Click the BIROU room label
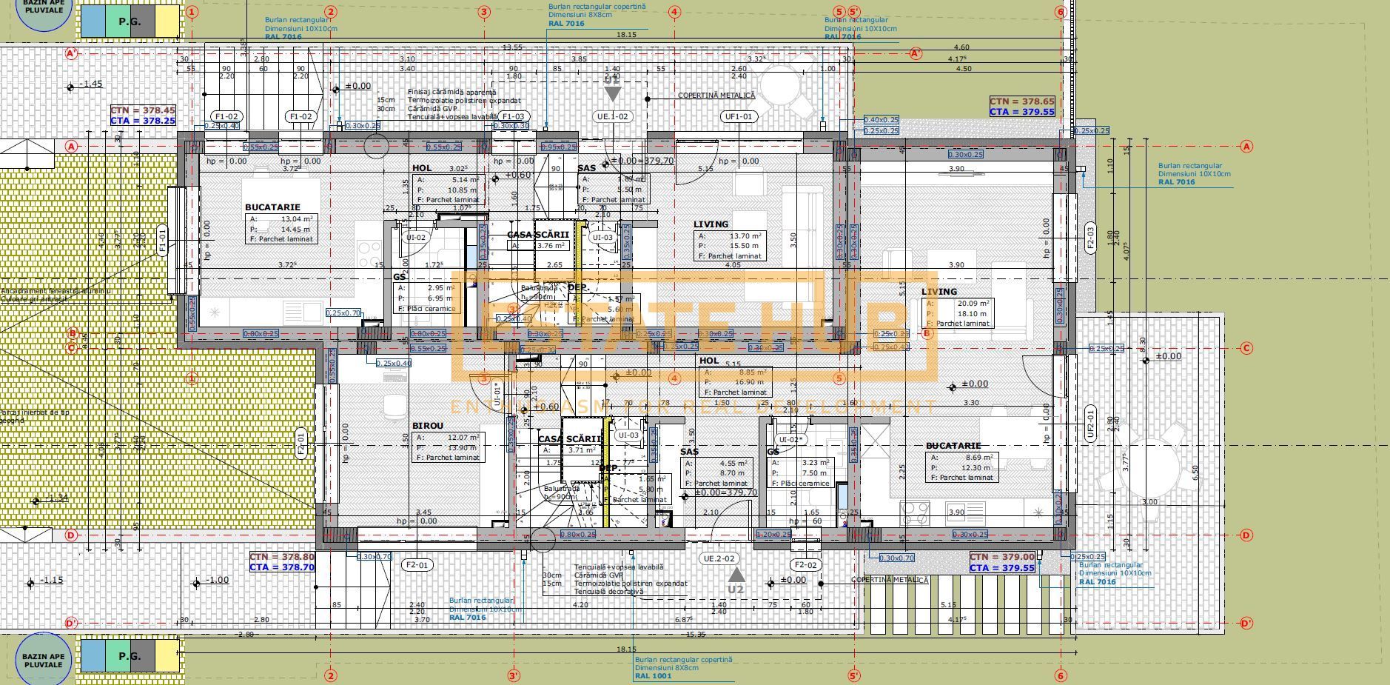click(x=427, y=426)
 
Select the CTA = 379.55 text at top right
click(x=1022, y=112)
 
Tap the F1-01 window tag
click(x=162, y=241)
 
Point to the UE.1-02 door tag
click(x=612, y=116)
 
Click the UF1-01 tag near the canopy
click(x=739, y=116)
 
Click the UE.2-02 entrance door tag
click(x=719, y=558)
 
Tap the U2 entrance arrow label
click(x=735, y=589)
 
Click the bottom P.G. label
click(x=130, y=656)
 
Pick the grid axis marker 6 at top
click(x=1060, y=12)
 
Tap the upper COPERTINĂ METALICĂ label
click(x=716, y=96)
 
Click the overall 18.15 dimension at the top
click(x=626, y=34)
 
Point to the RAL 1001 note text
click(x=653, y=675)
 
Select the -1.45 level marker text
click(x=92, y=84)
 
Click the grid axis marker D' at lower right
click(x=1246, y=623)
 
